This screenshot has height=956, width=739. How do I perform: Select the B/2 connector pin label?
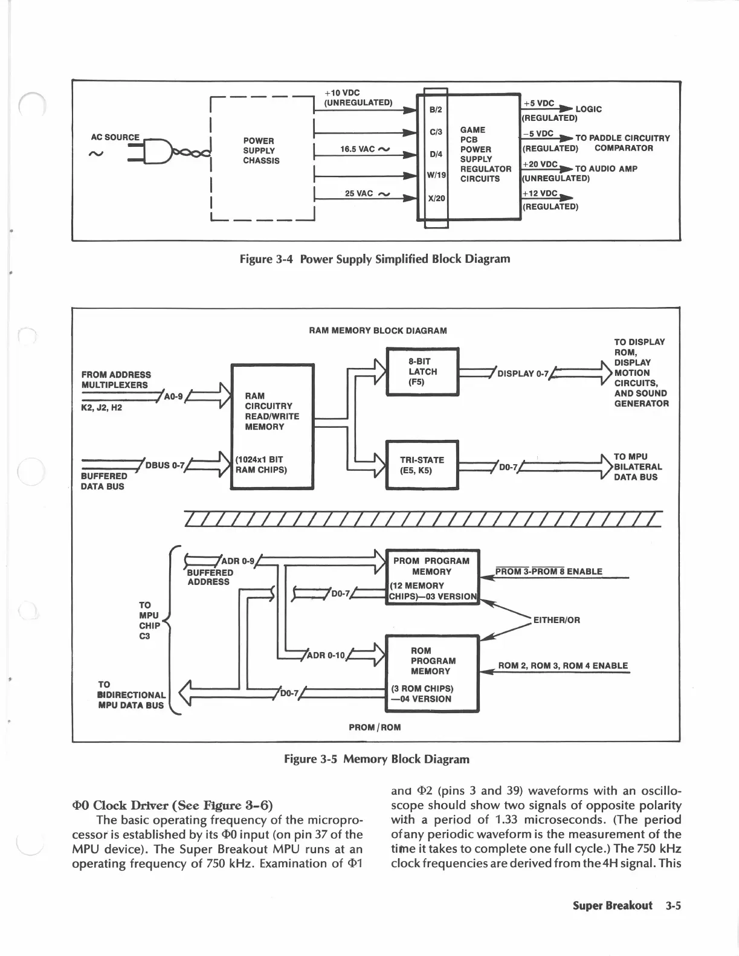tap(436, 109)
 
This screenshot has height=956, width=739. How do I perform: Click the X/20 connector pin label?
tap(436, 198)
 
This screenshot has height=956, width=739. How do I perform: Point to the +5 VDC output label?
tap(539, 104)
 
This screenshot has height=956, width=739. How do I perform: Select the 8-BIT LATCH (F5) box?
tap(422, 372)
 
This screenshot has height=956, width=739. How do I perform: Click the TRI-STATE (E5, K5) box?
tap(422, 465)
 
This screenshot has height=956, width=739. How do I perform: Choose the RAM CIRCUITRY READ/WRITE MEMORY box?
tap(273, 426)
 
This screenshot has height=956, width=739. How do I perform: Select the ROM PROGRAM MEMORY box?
tap(432, 673)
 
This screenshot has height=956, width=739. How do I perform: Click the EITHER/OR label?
tap(556, 619)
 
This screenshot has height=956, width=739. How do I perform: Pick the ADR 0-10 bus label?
tap(326, 655)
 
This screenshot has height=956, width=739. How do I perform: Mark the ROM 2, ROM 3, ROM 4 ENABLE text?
tap(563, 666)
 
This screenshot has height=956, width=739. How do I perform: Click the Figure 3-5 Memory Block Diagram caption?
tap(376, 759)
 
